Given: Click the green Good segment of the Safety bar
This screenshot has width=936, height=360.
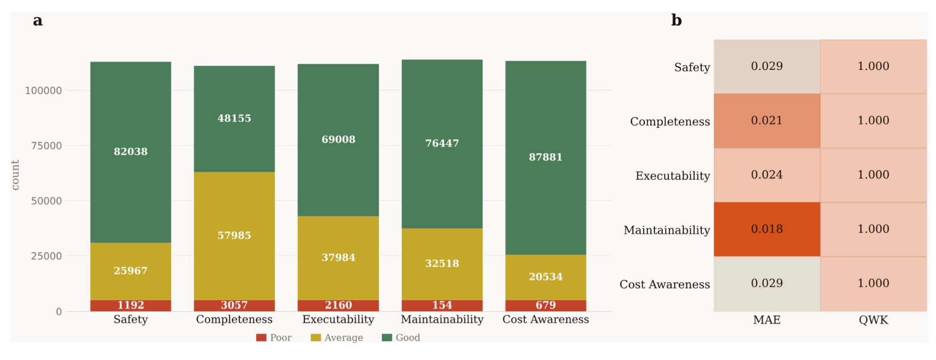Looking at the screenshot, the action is [x=130, y=152].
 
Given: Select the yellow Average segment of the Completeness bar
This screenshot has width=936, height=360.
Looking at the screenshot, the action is [x=234, y=236].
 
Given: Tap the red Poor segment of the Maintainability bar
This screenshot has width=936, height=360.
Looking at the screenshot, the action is [x=442, y=306].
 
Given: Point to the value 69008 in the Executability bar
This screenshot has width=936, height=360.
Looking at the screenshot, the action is [x=338, y=139].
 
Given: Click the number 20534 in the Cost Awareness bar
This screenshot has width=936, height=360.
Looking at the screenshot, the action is [x=545, y=277].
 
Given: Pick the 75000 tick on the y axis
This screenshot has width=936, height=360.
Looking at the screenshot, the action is [x=46, y=146].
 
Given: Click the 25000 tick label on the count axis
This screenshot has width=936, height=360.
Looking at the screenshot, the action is [x=46, y=256].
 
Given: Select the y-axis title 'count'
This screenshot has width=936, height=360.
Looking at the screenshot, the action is [x=15, y=175].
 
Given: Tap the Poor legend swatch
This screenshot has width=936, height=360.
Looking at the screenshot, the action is [x=261, y=337].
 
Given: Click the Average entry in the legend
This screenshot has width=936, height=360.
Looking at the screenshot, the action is [x=337, y=337].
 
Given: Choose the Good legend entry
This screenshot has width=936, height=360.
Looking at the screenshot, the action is [x=401, y=337].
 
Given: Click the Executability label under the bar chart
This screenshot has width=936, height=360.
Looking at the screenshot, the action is [x=338, y=320].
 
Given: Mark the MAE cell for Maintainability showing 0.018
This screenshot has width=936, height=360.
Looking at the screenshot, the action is [x=767, y=230].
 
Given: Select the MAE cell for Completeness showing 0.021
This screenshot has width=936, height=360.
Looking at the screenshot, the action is [x=767, y=121].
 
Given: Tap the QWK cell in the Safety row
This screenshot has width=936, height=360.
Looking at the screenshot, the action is [x=874, y=67].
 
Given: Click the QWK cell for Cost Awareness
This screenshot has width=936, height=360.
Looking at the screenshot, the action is [x=874, y=284].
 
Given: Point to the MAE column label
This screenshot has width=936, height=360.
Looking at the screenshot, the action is [x=767, y=320].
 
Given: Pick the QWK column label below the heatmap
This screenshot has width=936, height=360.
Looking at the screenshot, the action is [x=874, y=320].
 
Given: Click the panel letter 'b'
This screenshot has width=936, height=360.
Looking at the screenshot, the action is [x=676, y=20].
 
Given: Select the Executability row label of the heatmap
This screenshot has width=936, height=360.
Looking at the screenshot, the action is [x=673, y=176].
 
